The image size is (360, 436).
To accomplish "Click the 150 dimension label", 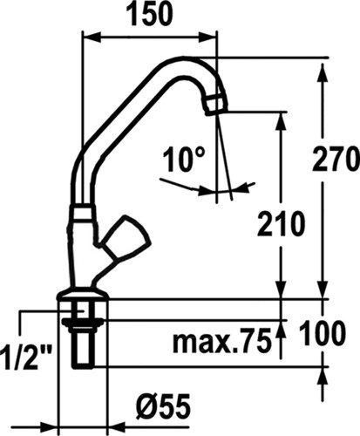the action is click(x=149, y=15).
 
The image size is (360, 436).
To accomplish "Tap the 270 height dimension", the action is click(x=334, y=160).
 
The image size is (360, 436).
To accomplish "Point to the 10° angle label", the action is click(x=184, y=160).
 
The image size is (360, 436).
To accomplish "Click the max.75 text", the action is click(x=221, y=340).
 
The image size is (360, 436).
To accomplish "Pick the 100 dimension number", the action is click(x=323, y=333).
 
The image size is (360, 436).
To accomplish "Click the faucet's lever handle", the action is click(x=126, y=237).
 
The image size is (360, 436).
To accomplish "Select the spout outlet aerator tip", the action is click(x=215, y=104).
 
